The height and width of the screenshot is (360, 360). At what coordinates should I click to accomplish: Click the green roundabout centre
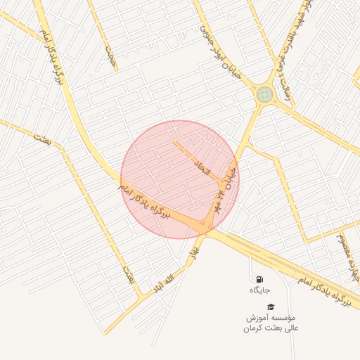[x=264, y=94]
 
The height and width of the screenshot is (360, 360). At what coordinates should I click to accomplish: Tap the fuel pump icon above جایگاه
[x=259, y=279]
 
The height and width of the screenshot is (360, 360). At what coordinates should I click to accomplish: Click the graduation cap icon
[x=271, y=307]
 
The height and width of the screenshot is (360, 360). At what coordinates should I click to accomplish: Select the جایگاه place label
[x=259, y=290]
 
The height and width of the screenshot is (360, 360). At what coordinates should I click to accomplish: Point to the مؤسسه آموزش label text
[x=271, y=317]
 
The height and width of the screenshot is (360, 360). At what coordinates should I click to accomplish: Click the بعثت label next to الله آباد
[x=128, y=275]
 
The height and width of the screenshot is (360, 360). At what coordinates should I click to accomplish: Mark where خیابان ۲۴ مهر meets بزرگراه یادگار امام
[x=209, y=226]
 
